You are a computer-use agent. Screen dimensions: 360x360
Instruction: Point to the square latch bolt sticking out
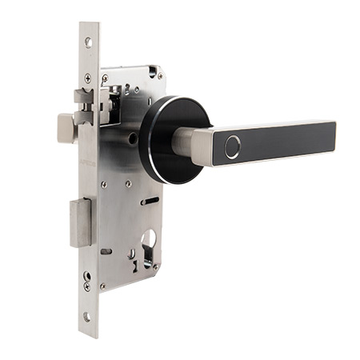[x=66, y=128]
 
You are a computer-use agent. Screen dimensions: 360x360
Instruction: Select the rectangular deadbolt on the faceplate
[x=80, y=223]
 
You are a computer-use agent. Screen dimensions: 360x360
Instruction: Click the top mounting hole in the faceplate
[x=88, y=42]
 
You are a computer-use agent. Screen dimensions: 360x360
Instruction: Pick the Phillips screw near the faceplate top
[x=87, y=78]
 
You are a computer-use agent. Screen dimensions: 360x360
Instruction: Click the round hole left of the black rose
[x=131, y=138]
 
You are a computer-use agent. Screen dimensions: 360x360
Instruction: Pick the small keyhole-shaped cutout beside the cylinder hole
[x=131, y=254]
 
